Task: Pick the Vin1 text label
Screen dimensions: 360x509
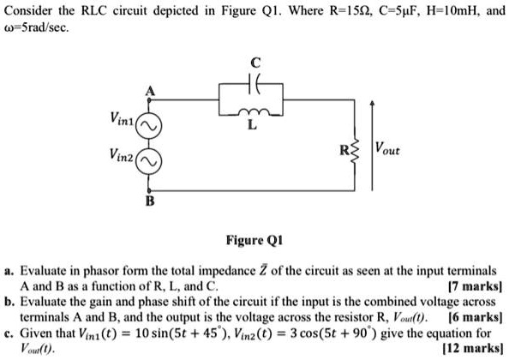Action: pos(118,124)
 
